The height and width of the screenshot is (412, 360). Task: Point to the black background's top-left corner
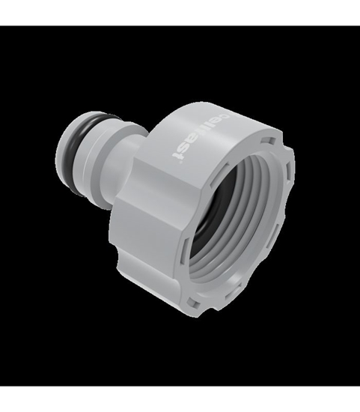tap(1, 28)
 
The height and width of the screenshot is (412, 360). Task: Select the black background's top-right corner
tap(358, 28)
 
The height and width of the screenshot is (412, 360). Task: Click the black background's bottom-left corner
tap(1, 384)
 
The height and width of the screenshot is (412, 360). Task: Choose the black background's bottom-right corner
tap(358, 384)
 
